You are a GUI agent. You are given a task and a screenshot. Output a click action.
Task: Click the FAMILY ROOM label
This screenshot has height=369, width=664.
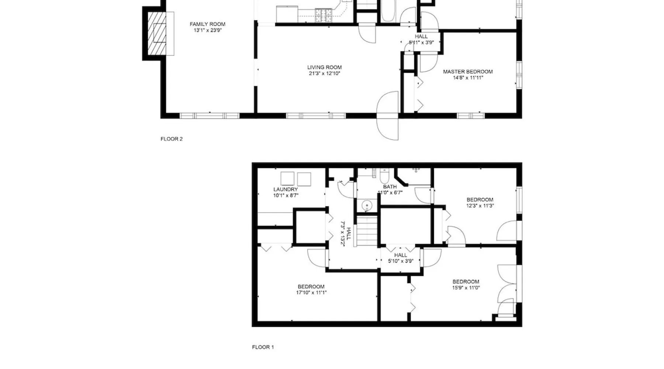[207, 24]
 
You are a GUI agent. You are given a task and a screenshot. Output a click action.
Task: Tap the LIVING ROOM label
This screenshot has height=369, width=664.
[325, 67]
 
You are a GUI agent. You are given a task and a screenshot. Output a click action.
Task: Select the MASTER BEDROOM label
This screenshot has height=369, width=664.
[468, 72]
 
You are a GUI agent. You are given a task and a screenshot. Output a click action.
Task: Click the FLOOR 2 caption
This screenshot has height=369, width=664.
[172, 139]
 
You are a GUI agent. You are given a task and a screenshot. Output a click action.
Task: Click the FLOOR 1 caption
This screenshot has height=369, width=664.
[263, 347]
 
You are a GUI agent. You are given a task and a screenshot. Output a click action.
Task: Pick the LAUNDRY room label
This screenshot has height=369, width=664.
[286, 190]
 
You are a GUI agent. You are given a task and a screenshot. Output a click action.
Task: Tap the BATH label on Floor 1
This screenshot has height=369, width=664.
[390, 187]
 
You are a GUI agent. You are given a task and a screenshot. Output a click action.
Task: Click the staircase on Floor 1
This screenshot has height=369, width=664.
[367, 231]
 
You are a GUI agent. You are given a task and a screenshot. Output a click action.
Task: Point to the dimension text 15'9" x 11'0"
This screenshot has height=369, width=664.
[466, 288]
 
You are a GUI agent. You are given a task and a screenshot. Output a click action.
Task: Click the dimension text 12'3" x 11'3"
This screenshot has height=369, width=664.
[480, 206]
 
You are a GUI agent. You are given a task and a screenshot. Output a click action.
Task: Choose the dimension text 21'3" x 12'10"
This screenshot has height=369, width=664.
[325, 73]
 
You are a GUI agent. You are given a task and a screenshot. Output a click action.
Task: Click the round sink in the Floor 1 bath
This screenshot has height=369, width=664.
[367, 205]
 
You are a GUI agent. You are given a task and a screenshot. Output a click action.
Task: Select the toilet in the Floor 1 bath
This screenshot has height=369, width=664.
[384, 176]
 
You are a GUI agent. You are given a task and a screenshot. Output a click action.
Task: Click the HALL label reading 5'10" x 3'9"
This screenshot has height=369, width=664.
[401, 258]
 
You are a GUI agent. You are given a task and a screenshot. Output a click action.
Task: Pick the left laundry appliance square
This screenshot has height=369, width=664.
[287, 179]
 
